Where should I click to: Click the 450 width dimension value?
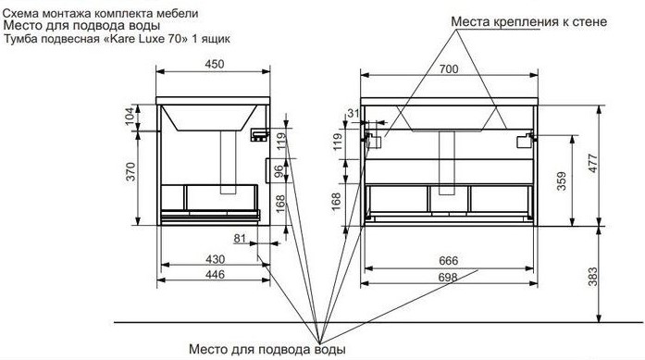click(x=215, y=64)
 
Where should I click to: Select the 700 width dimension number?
click(x=449, y=68)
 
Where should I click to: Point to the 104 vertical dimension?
click(x=130, y=117)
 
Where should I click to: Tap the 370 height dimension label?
click(x=130, y=171)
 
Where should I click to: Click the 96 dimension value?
click(x=279, y=170)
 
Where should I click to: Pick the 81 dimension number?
click(x=240, y=238)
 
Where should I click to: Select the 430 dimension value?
click(x=215, y=259)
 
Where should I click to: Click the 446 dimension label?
click(x=215, y=274)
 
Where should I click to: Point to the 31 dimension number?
click(x=354, y=113)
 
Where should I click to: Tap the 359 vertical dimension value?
click(x=562, y=181)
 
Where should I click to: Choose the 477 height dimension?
click(x=592, y=163)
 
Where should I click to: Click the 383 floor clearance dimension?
click(x=592, y=277)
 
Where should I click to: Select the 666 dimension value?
click(x=449, y=261)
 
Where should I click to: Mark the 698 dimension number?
click(x=448, y=278)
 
